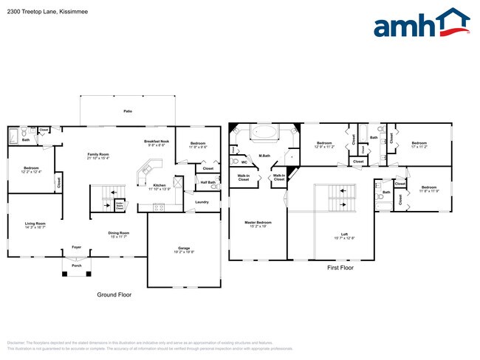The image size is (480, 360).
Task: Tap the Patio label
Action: [128, 111]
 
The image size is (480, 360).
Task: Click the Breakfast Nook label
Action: [156, 143]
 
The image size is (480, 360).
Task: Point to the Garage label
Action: [184, 249]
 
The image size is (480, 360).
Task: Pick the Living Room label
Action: [35, 225]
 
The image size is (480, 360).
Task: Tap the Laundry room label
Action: [202, 201]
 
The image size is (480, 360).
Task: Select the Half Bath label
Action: [207, 182]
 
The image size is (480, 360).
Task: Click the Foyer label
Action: [76, 247]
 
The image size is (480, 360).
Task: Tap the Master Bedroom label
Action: [258, 224]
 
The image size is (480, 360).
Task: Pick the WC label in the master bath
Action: [244, 162]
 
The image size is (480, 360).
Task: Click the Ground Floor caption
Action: [114, 294]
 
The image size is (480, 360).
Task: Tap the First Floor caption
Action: [340, 268]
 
